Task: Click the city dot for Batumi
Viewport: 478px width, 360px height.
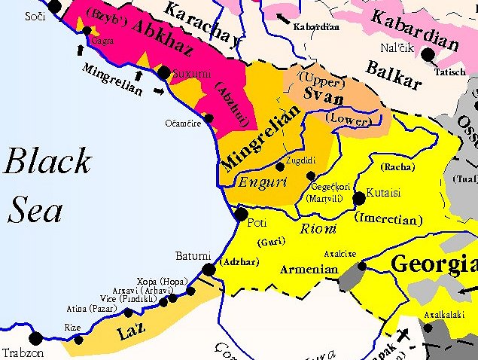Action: click(209, 269)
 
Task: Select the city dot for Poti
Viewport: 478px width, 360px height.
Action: click(241, 215)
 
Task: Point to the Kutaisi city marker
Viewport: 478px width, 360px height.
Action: click(358, 198)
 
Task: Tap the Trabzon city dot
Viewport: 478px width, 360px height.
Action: click(35, 337)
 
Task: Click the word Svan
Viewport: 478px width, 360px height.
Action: click(326, 98)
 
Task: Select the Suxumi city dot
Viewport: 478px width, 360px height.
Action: click(163, 73)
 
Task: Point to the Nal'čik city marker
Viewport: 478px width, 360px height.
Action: click(428, 54)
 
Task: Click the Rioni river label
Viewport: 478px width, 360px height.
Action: click(315, 230)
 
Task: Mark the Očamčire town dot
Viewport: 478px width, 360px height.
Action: click(209, 118)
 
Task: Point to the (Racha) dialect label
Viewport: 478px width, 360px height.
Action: click(397, 166)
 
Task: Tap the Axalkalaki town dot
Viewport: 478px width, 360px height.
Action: click(428, 328)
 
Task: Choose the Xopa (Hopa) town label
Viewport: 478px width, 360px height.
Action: click(161, 281)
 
